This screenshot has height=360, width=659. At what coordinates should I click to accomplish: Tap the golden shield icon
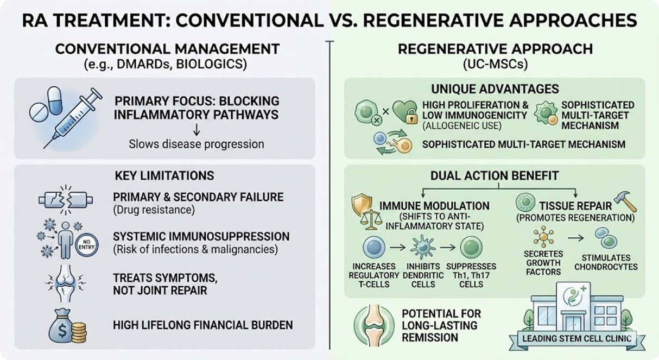tap(364, 204)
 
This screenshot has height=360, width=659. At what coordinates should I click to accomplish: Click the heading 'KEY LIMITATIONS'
tap(164, 175)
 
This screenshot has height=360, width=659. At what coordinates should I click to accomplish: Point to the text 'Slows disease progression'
tap(196, 144)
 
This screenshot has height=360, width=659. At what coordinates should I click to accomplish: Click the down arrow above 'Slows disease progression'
tap(196, 130)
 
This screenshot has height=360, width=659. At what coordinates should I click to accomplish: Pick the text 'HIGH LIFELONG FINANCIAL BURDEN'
tap(202, 325)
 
